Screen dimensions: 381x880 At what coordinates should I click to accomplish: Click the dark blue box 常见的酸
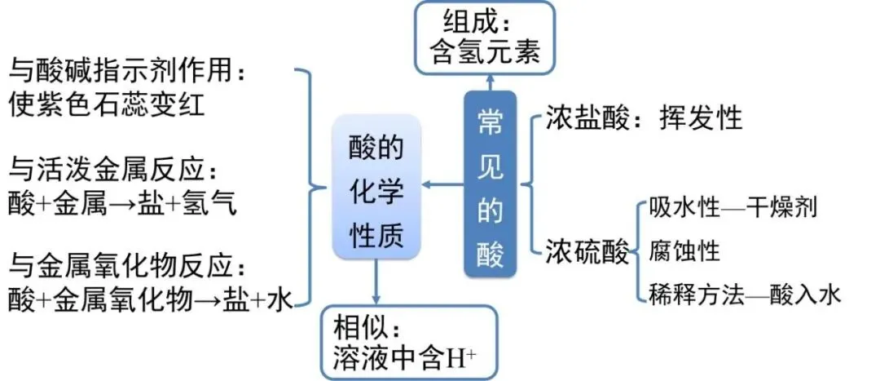pos(491,183)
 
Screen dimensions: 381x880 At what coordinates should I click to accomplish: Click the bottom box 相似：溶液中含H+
pos(407,340)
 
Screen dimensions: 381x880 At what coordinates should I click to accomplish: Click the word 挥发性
pos(702,118)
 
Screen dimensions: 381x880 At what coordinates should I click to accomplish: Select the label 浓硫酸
pos(587,253)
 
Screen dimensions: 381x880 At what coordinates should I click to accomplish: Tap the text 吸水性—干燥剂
pos(733,207)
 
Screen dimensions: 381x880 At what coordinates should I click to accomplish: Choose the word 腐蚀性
pos(685,250)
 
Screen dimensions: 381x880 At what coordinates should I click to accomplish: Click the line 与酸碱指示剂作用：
pos(126,72)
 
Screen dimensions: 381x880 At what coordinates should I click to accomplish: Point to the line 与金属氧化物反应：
pos(126,268)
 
